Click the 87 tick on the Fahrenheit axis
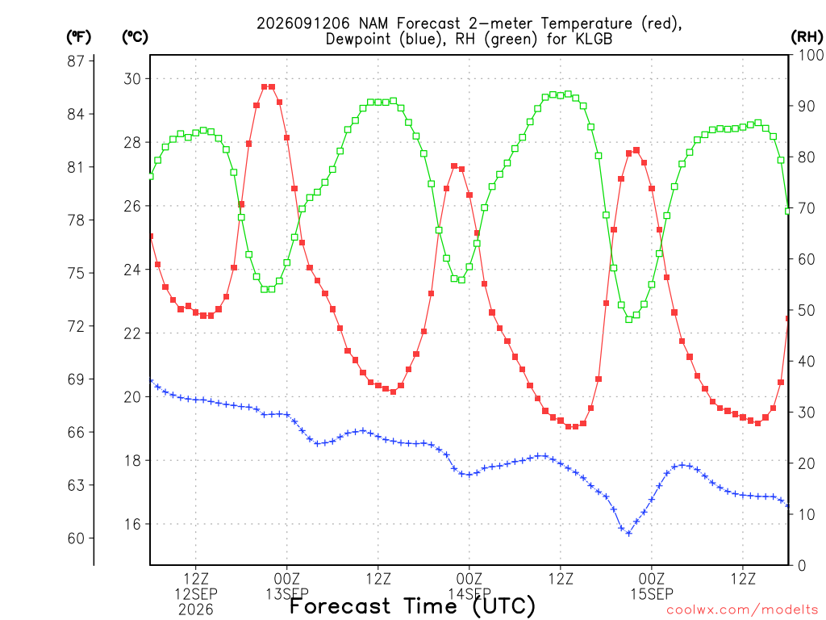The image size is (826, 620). click(x=76, y=61)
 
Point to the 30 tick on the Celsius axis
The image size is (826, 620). click(x=132, y=78)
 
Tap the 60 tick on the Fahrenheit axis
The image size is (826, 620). click(x=76, y=538)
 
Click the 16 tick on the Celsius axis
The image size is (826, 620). click(x=132, y=524)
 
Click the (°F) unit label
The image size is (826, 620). click(x=78, y=37)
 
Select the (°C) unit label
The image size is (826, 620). click(x=135, y=37)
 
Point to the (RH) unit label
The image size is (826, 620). click(x=807, y=37)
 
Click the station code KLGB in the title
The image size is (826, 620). click(x=591, y=39)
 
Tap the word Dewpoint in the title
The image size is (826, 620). click(x=358, y=40)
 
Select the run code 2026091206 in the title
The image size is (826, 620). click(x=303, y=23)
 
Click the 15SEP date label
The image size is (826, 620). click(x=652, y=594)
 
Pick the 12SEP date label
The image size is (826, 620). click(x=196, y=594)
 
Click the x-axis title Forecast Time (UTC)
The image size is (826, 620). click(x=412, y=606)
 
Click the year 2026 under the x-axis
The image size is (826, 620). click(x=196, y=610)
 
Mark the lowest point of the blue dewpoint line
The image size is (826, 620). click(x=628, y=534)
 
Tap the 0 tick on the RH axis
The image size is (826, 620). click(x=802, y=566)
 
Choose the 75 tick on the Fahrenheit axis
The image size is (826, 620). click(x=76, y=273)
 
